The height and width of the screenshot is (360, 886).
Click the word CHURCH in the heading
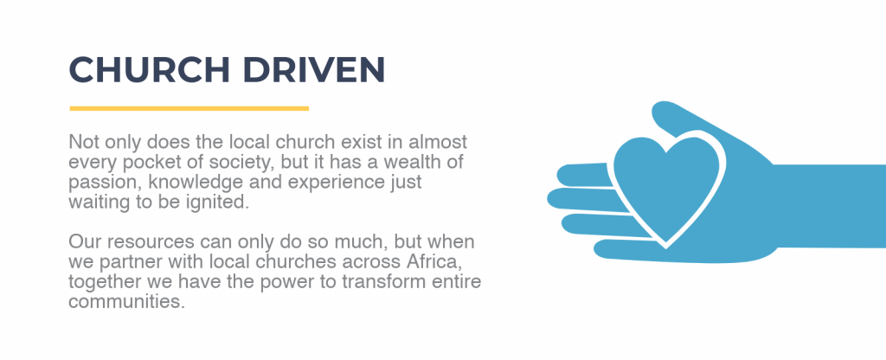coord(149,69)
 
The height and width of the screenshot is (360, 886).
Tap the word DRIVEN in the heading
coord(314,69)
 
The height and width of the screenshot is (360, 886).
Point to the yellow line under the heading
coord(189,108)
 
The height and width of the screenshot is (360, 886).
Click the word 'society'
coord(234,164)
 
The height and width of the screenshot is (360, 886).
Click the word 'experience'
coord(330,183)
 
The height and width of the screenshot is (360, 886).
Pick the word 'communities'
coord(126,301)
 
